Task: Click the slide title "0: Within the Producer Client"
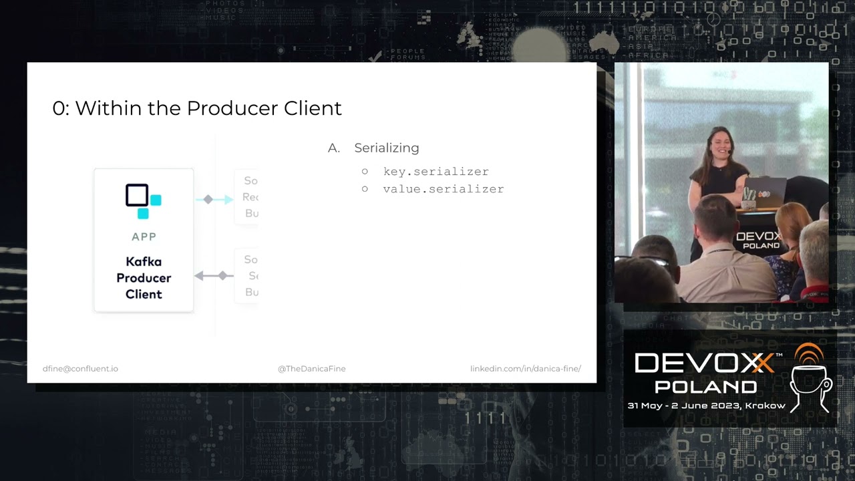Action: pos(197,108)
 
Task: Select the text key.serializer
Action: pos(436,172)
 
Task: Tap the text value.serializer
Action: pos(443,189)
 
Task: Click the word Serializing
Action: pos(387,148)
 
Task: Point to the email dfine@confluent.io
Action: pos(80,369)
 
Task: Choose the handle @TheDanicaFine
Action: pos(311,369)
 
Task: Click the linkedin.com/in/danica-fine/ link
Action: pos(526,369)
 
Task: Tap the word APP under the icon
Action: pos(144,236)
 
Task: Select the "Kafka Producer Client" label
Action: pos(144,278)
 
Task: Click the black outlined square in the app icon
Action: pos(137,195)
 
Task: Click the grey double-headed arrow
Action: pos(214,275)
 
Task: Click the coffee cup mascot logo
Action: pos(810,377)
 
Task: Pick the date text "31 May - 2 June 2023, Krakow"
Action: pos(706,406)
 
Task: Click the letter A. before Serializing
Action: pos(334,148)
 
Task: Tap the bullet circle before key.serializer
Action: pos(365,172)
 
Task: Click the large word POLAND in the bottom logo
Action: pos(705,387)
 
